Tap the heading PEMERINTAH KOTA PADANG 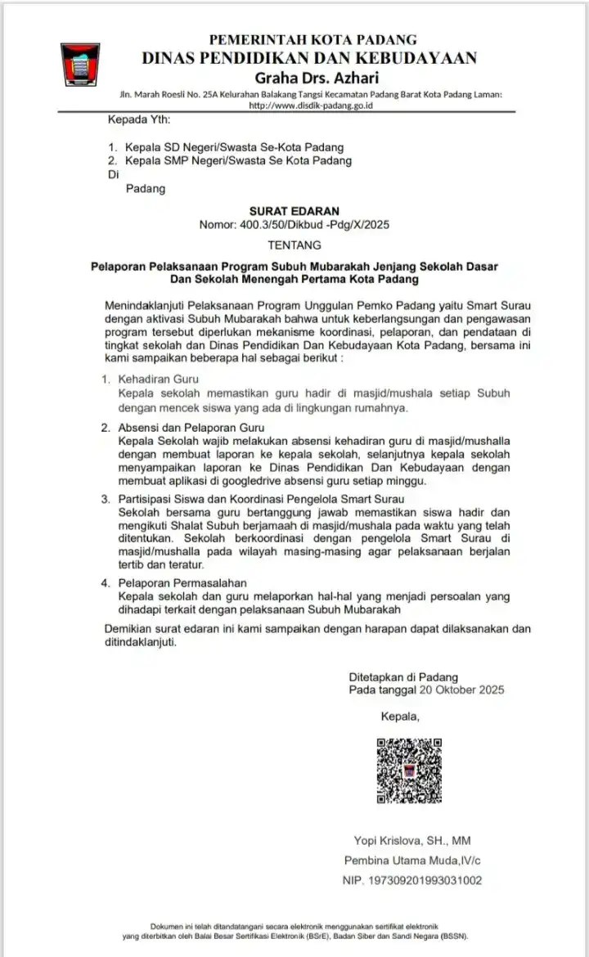pyautogui.click(x=313, y=39)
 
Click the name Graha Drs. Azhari pyautogui.click(x=313, y=79)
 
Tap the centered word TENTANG pyautogui.click(x=294, y=245)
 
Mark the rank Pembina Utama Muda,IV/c pyautogui.click(x=411, y=860)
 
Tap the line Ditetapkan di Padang pyautogui.click(x=403, y=677)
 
